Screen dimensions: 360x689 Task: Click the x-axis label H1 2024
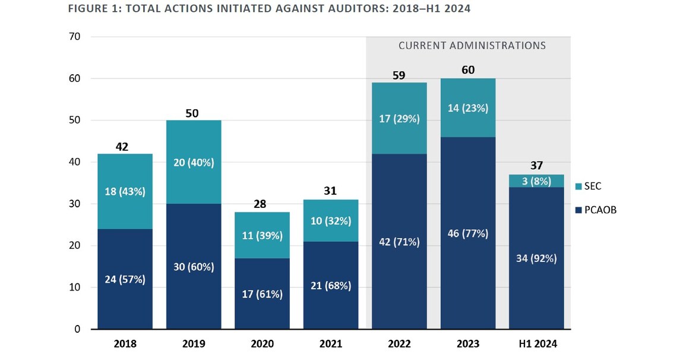(x=536, y=343)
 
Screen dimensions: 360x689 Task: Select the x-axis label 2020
(x=262, y=343)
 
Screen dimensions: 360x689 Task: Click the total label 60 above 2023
(x=468, y=70)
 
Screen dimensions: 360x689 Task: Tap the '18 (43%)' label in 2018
(x=125, y=191)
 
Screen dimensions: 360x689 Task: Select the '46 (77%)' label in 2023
(x=468, y=233)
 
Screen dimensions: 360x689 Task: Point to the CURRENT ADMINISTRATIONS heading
(x=472, y=45)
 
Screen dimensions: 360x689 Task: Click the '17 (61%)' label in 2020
(x=262, y=294)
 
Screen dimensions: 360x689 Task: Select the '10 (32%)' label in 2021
(x=331, y=221)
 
